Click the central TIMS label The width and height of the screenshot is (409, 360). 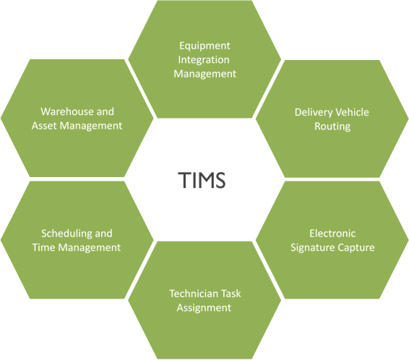pyautogui.click(x=202, y=180)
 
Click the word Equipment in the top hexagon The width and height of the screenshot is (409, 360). pyautogui.click(x=204, y=46)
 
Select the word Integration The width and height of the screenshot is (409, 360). pyautogui.click(x=204, y=60)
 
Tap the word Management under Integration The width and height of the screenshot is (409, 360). pyautogui.click(x=204, y=74)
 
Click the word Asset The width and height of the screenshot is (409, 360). pyautogui.click(x=44, y=126)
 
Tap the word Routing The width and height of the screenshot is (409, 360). pyautogui.click(x=332, y=127)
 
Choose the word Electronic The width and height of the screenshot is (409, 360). pyautogui.click(x=332, y=233)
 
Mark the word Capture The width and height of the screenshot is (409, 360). pyautogui.click(x=353, y=248)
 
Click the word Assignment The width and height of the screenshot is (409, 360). pyautogui.click(x=204, y=308)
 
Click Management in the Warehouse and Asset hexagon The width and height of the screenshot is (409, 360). pyautogui.click(x=90, y=126)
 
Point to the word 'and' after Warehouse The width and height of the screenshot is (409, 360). pyautogui.click(x=105, y=111)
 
